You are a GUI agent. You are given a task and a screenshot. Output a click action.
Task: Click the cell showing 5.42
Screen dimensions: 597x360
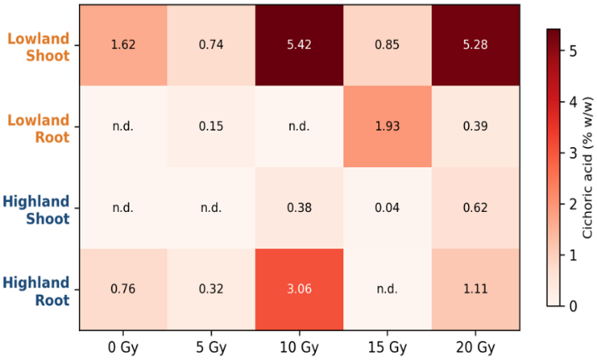[299, 45]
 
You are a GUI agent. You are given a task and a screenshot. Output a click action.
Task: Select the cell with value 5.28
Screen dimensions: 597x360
[476, 45]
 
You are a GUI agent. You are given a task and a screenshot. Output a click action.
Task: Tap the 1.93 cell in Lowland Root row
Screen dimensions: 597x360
[387, 126]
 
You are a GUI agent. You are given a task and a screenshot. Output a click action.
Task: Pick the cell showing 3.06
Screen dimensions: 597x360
[299, 289]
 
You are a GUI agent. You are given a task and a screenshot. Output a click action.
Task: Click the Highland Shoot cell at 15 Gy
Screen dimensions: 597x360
[387, 208]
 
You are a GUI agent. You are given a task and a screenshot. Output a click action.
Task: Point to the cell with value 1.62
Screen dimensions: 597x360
[123, 45]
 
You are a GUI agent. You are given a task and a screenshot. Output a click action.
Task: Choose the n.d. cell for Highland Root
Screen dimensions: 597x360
[387, 289]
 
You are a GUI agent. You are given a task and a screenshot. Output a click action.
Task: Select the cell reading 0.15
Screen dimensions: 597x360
[211, 126]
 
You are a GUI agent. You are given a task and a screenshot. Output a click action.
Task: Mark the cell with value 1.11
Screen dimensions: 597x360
[476, 289]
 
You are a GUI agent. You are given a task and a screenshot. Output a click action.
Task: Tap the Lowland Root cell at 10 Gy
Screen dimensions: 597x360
[299, 126]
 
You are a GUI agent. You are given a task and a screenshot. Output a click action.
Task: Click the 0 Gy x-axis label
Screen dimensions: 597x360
[123, 348]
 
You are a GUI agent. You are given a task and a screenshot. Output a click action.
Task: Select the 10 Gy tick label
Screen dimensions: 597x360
[299, 348]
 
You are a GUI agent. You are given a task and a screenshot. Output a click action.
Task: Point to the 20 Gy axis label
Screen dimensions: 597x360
[476, 348]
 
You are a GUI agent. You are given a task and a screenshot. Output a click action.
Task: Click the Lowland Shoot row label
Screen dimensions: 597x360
[38, 47]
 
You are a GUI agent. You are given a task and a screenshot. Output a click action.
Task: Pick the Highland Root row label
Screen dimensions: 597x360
[37, 292]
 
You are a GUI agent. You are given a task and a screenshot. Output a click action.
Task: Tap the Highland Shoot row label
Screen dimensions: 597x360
[37, 210]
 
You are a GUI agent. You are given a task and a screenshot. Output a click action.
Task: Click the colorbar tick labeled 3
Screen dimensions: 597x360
[573, 153]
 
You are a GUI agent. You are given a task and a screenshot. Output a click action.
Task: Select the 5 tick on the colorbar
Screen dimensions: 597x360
[573, 51]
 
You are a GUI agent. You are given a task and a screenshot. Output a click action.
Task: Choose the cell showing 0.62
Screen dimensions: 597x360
[476, 208]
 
